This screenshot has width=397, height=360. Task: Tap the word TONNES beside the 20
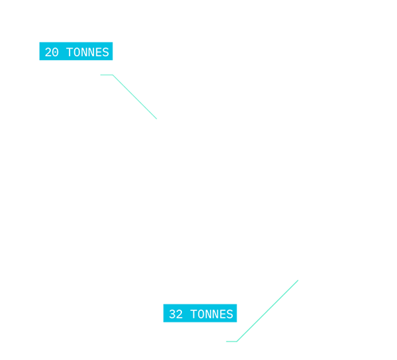tap(87, 52)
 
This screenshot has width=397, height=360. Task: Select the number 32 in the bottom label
tap(175, 314)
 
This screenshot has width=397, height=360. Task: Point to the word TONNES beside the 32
tap(210, 314)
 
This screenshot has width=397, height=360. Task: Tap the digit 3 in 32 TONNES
tap(172, 314)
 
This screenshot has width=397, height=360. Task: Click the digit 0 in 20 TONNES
tap(55, 52)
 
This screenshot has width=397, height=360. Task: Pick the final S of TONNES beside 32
tap(230, 314)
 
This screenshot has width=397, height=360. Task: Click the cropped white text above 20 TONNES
tap(96, 37)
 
